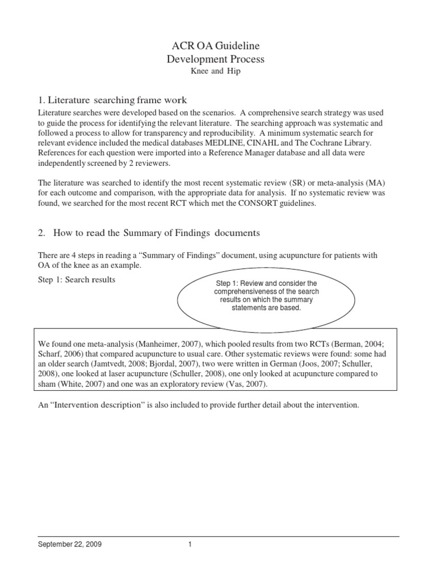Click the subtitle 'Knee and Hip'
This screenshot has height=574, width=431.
click(x=215, y=72)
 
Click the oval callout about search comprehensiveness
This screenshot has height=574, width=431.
click(x=265, y=296)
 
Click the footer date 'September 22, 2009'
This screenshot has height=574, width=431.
click(x=70, y=544)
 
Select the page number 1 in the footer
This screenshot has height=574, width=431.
click(x=190, y=544)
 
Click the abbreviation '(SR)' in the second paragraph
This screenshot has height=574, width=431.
click(x=310, y=183)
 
